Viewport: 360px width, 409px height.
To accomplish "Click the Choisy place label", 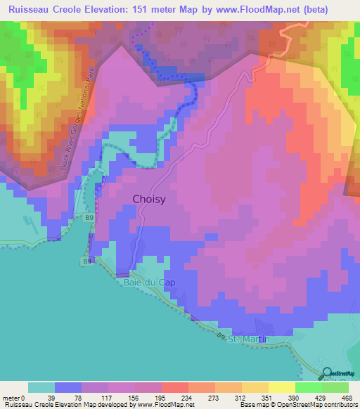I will (149, 199).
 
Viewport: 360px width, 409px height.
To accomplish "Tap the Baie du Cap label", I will (149, 283).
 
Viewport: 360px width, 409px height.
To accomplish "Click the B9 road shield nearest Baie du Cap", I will (86, 262).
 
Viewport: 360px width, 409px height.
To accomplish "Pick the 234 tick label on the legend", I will (187, 396).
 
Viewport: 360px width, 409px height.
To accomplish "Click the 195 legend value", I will (160, 396).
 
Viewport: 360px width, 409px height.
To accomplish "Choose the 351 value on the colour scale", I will (267, 396).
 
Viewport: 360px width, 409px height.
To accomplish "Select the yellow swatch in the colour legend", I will (281, 387).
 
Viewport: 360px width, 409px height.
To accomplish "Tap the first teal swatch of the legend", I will (41, 387).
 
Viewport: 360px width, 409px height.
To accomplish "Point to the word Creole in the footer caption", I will (48, 405).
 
